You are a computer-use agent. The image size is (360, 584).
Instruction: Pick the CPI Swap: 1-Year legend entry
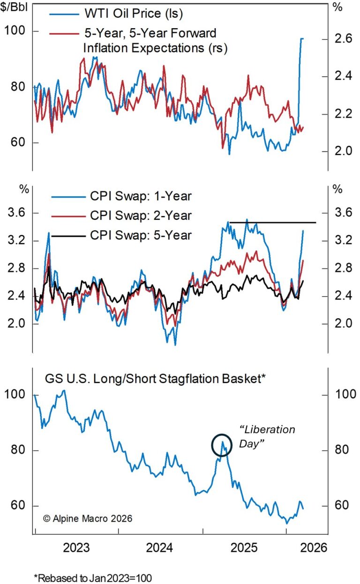(139, 196)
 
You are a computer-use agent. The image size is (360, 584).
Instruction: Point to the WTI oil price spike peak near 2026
(301, 38)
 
